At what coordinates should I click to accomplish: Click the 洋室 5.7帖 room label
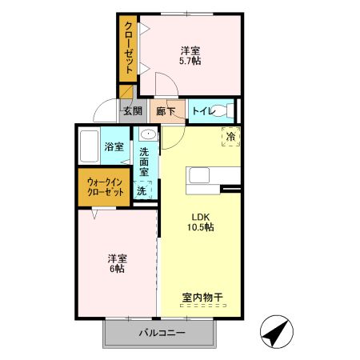pyautogui.click(x=190, y=54)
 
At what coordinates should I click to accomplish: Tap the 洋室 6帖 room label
pyautogui.click(x=118, y=263)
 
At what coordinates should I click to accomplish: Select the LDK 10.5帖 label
pyautogui.click(x=201, y=222)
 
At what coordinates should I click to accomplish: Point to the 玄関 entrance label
pyautogui.click(x=132, y=111)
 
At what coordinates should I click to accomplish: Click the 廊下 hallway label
pyautogui.click(x=166, y=111)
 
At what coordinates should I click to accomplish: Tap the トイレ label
pyautogui.click(x=202, y=111)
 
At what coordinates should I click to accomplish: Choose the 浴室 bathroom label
pyautogui.click(x=114, y=146)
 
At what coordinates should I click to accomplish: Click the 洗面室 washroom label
pyautogui.click(x=144, y=162)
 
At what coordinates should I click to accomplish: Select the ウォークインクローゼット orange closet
pyautogui.click(x=105, y=187)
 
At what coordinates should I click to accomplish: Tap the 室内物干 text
pyautogui.click(x=202, y=298)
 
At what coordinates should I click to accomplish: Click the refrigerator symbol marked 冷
pyautogui.click(x=230, y=136)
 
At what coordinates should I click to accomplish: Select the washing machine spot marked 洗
pyautogui.click(x=142, y=191)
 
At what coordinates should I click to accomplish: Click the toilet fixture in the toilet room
pyautogui.click(x=226, y=110)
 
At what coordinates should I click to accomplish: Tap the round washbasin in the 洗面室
pyautogui.click(x=146, y=134)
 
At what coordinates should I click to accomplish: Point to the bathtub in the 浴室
pyautogui.click(x=90, y=146)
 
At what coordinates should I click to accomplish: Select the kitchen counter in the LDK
pyautogui.click(x=213, y=177)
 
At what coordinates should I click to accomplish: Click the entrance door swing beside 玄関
pyautogui.click(x=107, y=112)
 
